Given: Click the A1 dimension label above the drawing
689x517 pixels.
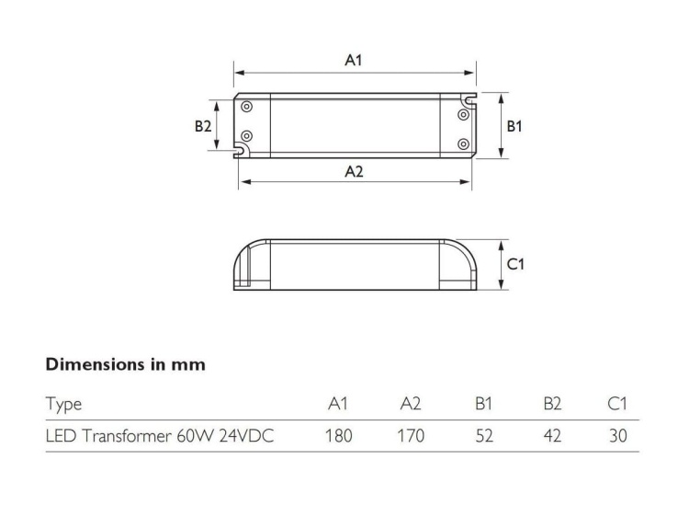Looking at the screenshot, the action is click(x=354, y=60).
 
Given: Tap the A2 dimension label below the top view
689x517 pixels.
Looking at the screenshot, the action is click(x=355, y=171).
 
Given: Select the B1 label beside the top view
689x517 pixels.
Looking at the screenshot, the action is click(x=514, y=126).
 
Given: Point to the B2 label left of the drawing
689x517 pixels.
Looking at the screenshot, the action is click(x=203, y=126).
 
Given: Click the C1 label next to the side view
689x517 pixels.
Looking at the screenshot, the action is click(x=515, y=264).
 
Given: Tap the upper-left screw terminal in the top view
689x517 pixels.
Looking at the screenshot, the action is click(x=246, y=107).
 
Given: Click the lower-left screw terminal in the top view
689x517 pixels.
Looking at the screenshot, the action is click(x=246, y=136).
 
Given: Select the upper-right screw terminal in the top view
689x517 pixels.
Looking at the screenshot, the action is click(x=463, y=115).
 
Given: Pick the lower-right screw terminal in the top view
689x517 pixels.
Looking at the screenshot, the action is click(x=463, y=144).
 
